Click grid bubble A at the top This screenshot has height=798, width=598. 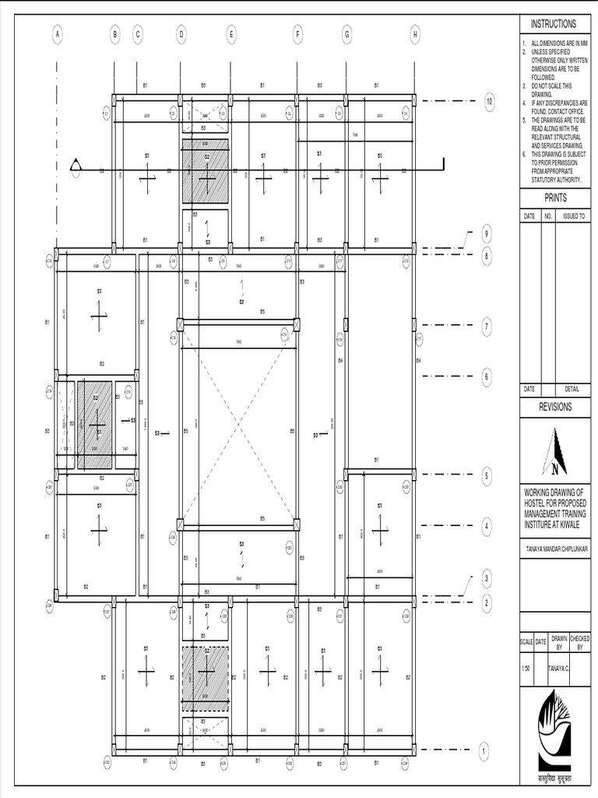coord(57,34)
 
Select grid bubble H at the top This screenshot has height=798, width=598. coord(415,34)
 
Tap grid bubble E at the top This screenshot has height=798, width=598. coord(231,34)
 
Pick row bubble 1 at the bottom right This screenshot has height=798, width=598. coord(484,751)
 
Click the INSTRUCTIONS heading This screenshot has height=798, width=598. coord(554,24)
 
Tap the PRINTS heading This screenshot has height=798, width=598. coord(555,198)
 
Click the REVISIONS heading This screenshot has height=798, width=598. coord(555,407)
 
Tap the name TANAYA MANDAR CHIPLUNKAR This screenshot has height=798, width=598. coord(555,549)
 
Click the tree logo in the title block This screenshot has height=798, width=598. coord(555,729)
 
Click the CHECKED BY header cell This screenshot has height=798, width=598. coord(580,642)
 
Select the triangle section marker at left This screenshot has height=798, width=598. coord(76,165)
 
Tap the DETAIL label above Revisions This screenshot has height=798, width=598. coord(572,389)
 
